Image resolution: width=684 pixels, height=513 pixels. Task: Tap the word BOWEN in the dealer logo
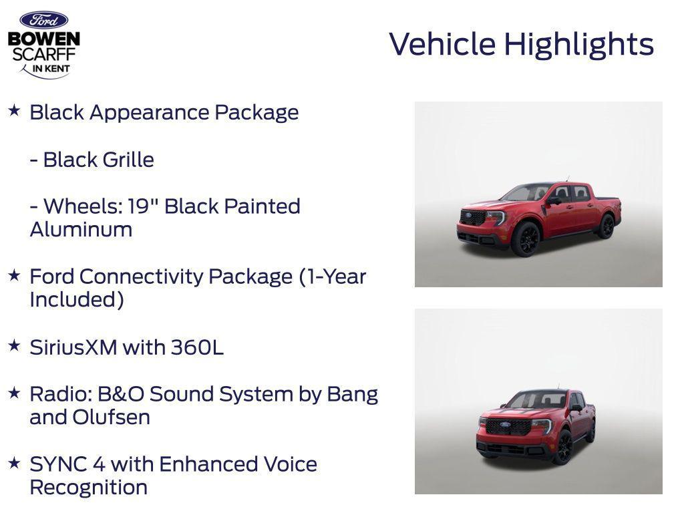coord(44,39)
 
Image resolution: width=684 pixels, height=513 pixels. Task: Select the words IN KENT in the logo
coord(51,68)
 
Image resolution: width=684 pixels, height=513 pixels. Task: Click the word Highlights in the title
coord(578,45)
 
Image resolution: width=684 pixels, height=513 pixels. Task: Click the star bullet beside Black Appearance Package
coord(14,111)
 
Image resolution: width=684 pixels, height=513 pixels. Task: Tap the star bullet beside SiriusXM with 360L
coord(14,346)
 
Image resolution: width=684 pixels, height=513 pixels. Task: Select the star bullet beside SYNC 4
coord(14,463)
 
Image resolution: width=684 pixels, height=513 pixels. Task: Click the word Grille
coord(128,160)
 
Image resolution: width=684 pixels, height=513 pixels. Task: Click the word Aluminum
coord(81,229)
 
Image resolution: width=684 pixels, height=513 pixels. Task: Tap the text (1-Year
coord(333,276)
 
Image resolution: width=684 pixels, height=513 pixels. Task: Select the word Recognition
coord(88,487)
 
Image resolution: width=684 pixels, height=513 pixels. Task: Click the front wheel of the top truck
coord(526,239)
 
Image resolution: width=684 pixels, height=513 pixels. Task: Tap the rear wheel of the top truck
coord(606,226)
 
